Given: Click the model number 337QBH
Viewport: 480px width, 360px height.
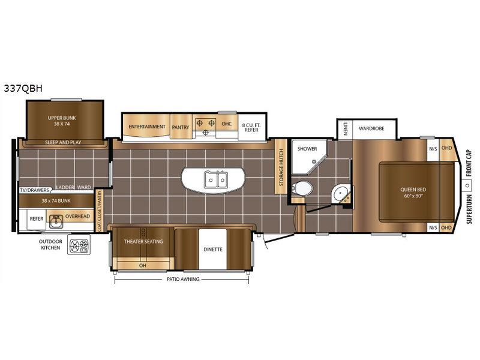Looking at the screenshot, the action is (x=23, y=88).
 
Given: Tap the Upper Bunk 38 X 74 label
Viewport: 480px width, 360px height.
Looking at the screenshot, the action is (x=62, y=121).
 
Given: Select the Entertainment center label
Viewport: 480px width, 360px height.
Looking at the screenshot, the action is (x=147, y=127).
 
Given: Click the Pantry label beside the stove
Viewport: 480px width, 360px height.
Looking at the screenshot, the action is (x=181, y=127).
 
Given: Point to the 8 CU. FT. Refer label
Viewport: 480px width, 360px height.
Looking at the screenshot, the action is (x=251, y=127).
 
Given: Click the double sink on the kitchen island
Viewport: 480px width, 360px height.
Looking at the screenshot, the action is (x=216, y=179).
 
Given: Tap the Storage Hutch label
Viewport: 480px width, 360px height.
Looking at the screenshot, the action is (x=281, y=167).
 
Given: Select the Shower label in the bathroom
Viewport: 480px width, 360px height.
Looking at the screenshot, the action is (x=307, y=149).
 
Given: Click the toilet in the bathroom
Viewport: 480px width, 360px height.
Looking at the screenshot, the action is (x=302, y=188).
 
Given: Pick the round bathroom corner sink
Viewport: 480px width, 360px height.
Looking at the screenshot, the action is (x=340, y=194).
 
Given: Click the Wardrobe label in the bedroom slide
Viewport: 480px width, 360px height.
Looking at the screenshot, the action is (x=371, y=128).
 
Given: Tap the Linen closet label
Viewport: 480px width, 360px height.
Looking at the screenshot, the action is (x=346, y=129).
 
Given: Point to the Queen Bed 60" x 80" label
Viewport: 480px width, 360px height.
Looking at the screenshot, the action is (x=413, y=193).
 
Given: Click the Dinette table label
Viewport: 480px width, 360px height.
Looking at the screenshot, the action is (x=213, y=250).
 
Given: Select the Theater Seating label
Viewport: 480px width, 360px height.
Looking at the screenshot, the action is (x=143, y=242).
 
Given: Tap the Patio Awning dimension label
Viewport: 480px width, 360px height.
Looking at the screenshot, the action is (x=183, y=279).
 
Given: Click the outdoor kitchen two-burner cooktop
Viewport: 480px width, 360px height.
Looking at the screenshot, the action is (x=79, y=245).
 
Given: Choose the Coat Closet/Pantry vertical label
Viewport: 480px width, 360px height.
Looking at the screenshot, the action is (x=98, y=211).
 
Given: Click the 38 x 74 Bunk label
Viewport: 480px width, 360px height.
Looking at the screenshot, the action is (x=56, y=201).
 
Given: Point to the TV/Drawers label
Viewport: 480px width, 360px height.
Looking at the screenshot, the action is (x=34, y=190).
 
